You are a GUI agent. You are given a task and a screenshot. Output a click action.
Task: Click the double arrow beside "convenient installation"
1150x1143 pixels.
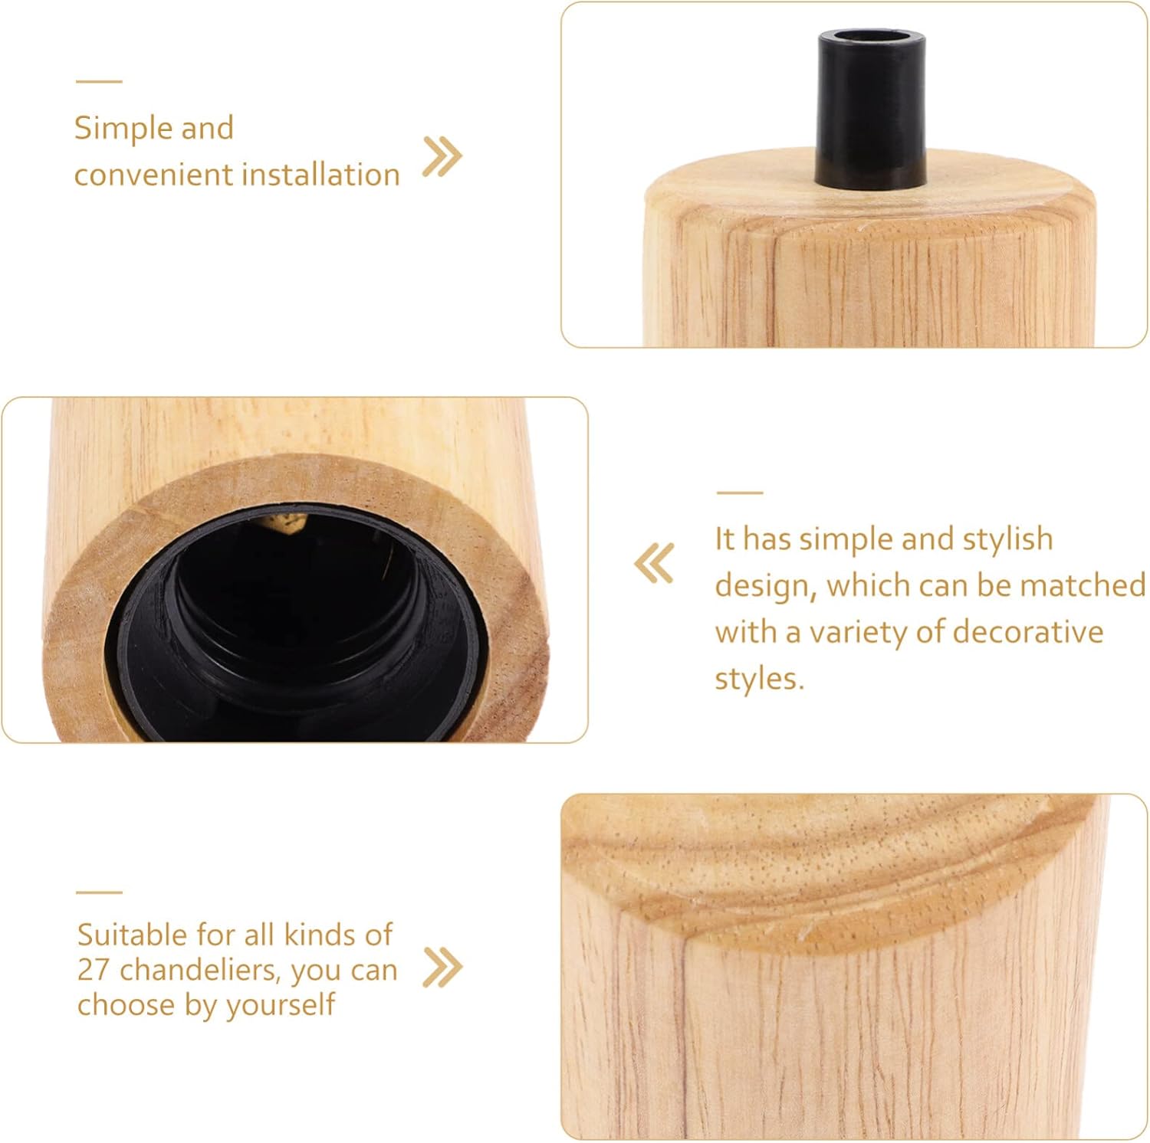pyautogui.click(x=443, y=157)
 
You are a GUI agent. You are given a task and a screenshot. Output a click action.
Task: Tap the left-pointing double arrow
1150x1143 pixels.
pyautogui.click(x=654, y=563)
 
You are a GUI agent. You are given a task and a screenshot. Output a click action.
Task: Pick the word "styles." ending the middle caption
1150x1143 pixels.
pyautogui.click(x=760, y=679)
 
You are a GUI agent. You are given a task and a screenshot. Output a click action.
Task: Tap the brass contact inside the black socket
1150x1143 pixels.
pyautogui.click(x=290, y=522)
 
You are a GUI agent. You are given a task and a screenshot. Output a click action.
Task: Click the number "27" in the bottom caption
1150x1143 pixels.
pyautogui.click(x=94, y=970)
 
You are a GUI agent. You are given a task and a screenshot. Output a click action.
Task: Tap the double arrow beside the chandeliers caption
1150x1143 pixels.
pyautogui.click(x=443, y=968)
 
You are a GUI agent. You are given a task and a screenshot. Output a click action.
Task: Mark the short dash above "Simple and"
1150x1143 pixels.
pyautogui.click(x=99, y=81)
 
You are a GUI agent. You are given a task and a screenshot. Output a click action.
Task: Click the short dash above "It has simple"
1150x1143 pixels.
pyautogui.click(x=739, y=493)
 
